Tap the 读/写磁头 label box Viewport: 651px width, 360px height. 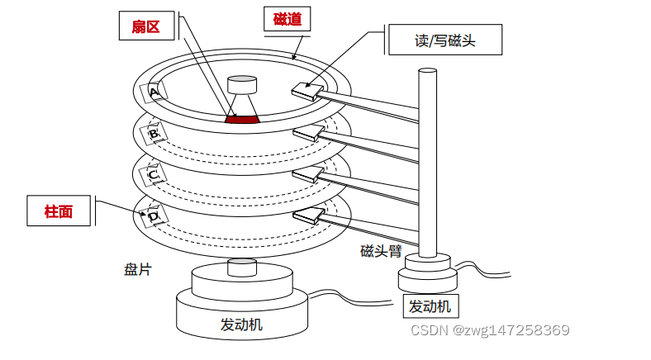pyautogui.click(x=444, y=39)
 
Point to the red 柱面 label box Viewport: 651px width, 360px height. pyautogui.click(x=59, y=211)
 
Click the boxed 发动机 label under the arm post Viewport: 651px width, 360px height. pyautogui.click(x=430, y=306)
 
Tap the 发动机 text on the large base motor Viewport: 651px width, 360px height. pyautogui.click(x=241, y=324)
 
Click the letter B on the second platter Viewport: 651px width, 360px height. pyautogui.click(x=153, y=132)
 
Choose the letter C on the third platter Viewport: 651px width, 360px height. pyautogui.click(x=153, y=175)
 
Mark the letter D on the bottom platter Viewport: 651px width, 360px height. pyautogui.click(x=153, y=216)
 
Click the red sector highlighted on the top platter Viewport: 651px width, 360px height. pyautogui.click(x=243, y=120)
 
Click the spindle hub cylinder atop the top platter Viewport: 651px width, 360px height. pyautogui.click(x=243, y=86)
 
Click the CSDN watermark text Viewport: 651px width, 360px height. pyautogui.click(x=490, y=329)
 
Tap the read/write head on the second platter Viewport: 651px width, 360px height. pyautogui.click(x=308, y=132)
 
